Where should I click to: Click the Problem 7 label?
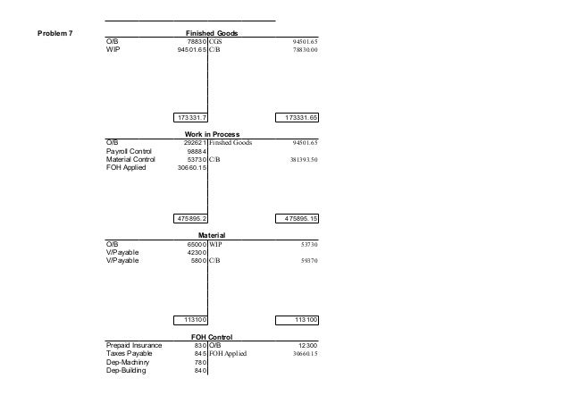click(55, 34)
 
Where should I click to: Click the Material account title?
click(207, 234)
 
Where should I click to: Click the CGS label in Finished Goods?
click(216, 42)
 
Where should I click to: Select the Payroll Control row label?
click(129, 152)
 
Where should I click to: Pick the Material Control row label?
click(130, 160)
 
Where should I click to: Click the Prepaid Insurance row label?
click(133, 345)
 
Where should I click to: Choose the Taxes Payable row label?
click(130, 353)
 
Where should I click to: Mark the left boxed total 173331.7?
click(190, 117)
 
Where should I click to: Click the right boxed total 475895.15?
click(302, 217)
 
